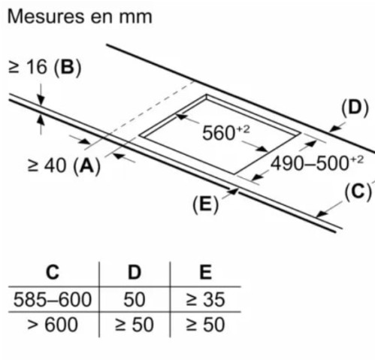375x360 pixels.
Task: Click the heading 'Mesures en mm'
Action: pyautogui.click(x=80, y=17)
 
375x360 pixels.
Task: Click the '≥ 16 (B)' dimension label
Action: pyautogui.click(x=45, y=67)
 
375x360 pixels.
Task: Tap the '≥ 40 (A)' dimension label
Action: pyautogui.click(x=64, y=165)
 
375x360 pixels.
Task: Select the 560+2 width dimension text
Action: pyautogui.click(x=226, y=132)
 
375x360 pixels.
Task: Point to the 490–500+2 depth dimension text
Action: pyautogui.click(x=317, y=163)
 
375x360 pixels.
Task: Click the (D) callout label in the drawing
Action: pyautogui.click(x=355, y=108)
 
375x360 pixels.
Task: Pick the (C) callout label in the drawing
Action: pyautogui.click(x=358, y=192)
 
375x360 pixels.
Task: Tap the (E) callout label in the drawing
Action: pyautogui.click(x=206, y=204)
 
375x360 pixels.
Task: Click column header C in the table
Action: pyautogui.click(x=53, y=272)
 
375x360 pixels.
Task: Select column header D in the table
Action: pyautogui.click(x=135, y=272)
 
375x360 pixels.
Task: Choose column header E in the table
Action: pyautogui.click(x=206, y=272)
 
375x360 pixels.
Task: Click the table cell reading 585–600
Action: pyautogui.click(x=53, y=300)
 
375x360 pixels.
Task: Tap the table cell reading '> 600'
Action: pyautogui.click(x=53, y=325)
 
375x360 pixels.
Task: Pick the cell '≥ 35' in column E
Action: pyautogui.click(x=206, y=300)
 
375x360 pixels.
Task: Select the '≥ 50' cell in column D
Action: pyautogui.click(x=135, y=325)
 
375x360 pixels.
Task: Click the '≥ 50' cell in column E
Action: pyautogui.click(x=206, y=325)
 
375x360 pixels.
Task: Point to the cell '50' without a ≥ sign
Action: pyautogui.click(x=135, y=300)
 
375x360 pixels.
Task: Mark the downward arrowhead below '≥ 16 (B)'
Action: pyautogui.click(x=41, y=99)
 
